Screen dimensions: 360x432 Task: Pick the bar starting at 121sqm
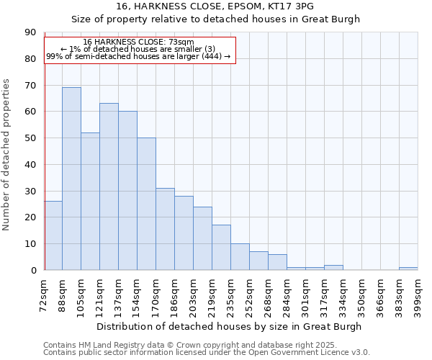109,186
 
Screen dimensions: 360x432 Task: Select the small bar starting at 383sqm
408,269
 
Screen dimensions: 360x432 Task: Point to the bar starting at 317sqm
333,267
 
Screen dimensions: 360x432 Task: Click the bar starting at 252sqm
258,261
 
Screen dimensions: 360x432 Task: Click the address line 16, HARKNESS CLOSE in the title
215,6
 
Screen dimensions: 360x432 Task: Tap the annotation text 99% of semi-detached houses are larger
138,56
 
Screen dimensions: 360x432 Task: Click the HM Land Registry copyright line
190,345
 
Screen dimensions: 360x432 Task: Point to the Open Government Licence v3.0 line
207,352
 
